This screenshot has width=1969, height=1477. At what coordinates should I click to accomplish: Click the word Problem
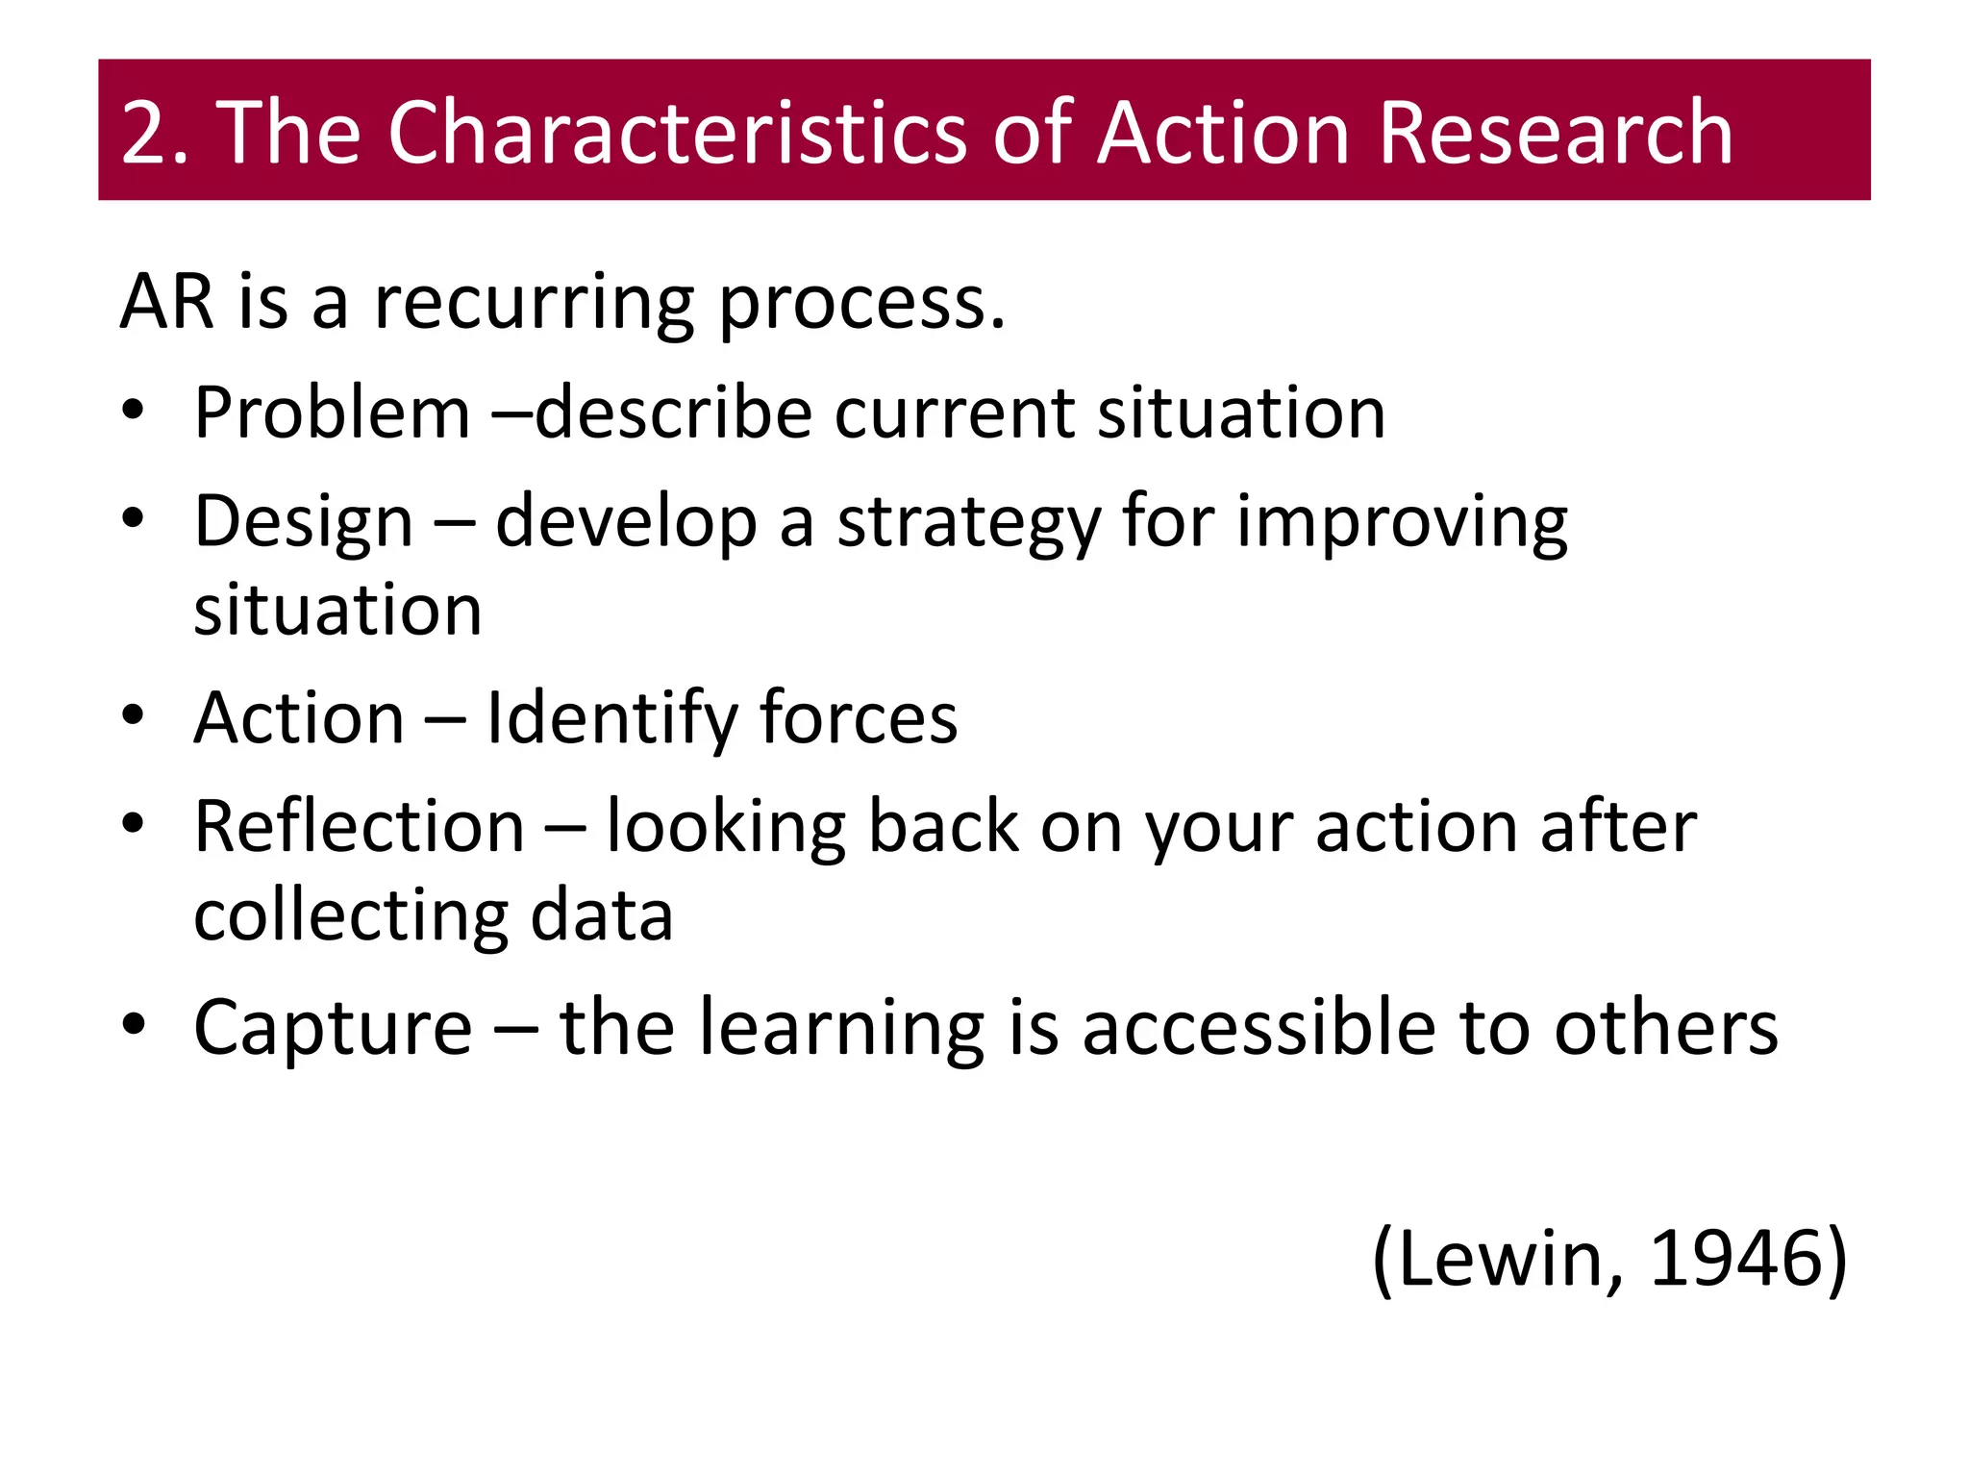[332, 413]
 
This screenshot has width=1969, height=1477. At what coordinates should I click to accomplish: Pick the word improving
[1401, 524]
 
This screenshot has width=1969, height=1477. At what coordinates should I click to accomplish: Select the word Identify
[611, 719]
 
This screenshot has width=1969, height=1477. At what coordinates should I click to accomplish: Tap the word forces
[858, 718]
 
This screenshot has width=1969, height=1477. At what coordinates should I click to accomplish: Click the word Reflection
[359, 827]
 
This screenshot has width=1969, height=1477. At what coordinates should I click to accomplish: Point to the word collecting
[350, 916]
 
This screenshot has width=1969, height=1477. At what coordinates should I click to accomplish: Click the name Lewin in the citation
[1500, 1259]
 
